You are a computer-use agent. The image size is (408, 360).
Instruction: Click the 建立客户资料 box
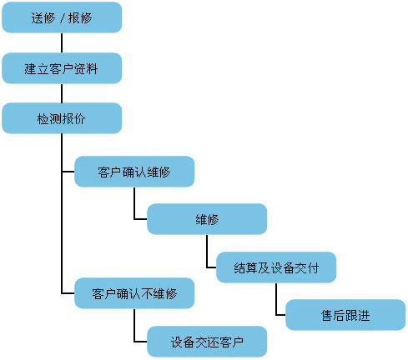point(62,68)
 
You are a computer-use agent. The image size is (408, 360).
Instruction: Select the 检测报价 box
point(62,118)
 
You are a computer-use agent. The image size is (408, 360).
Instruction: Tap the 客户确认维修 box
point(134,172)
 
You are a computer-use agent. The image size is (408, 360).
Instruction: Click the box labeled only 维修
point(207,220)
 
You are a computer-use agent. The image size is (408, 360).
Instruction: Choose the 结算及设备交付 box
point(276,267)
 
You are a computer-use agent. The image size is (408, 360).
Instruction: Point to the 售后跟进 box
point(345,315)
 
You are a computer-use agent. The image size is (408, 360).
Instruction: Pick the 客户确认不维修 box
point(134,293)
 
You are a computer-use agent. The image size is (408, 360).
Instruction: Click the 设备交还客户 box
point(207,341)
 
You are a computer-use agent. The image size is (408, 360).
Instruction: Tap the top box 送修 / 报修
point(62,17)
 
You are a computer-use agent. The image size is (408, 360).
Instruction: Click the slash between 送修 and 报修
point(62,17)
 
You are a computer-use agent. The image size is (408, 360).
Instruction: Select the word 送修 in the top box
point(43,17)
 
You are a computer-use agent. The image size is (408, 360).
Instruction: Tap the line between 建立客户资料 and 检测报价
point(62,93)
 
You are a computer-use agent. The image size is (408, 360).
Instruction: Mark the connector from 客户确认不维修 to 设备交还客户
point(134,328)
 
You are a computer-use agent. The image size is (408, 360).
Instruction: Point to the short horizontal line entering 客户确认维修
point(68,172)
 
